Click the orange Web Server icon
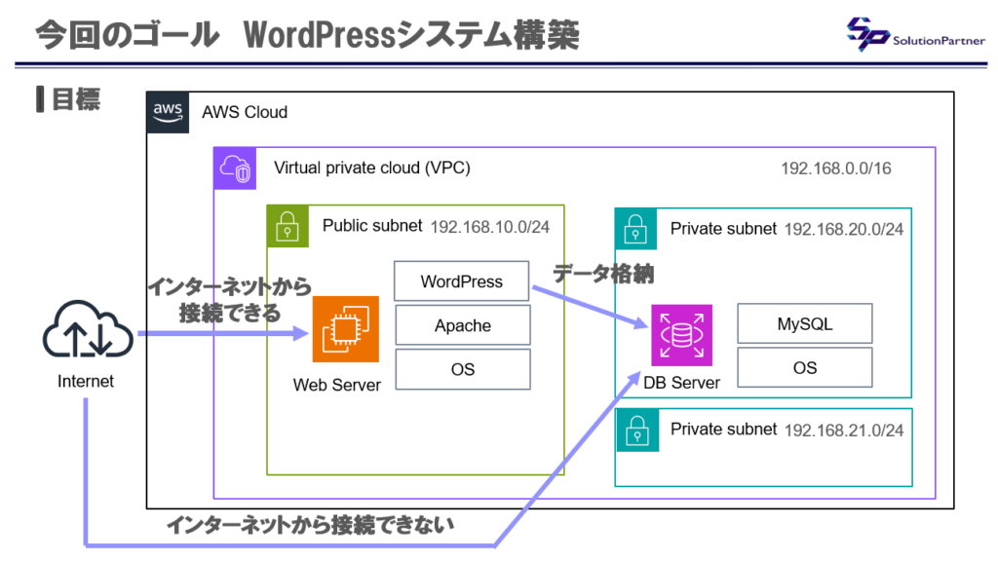pos(345,329)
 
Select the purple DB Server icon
pos(681,335)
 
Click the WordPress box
pos(462,281)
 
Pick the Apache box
pos(462,325)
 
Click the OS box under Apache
pos(462,369)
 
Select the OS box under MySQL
pos(804,368)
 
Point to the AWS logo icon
pos(168,112)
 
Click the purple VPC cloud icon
pos(234,168)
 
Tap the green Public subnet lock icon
pos(287,226)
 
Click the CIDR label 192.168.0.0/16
pos(835,169)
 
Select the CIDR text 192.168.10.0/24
pos(490,226)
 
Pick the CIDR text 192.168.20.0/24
pos(843,229)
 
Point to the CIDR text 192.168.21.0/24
pos(843,430)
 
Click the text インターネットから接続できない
pos(310,526)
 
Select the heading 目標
pos(74,99)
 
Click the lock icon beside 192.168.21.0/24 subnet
pos(634,429)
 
